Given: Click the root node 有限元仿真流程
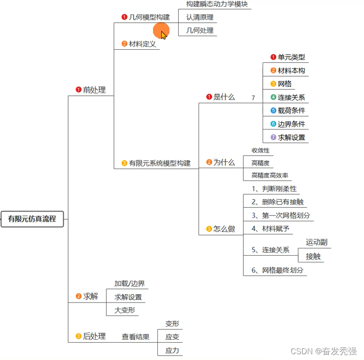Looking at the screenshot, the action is (x=32, y=219).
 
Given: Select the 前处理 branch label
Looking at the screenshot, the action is (x=94, y=90).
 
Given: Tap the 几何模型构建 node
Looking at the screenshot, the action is (x=149, y=17).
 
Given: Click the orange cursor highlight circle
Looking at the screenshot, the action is (x=161, y=31).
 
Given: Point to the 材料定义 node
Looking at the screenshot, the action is (x=142, y=44).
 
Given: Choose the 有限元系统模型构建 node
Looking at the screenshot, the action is (x=159, y=163).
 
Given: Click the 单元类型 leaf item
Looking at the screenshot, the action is (x=291, y=57).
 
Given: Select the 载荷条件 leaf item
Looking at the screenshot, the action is (x=291, y=111).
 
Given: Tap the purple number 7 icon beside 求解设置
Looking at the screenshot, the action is (x=273, y=137).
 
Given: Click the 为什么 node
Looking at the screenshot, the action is (x=224, y=163).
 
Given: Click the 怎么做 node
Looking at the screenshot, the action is (x=224, y=229).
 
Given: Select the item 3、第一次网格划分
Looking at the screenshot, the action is (x=280, y=216).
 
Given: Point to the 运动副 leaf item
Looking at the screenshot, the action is (x=317, y=243).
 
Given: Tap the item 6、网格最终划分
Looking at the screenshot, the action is (x=278, y=271).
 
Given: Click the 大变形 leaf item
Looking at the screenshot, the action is (x=125, y=310).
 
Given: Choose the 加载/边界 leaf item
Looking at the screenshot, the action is (x=129, y=284).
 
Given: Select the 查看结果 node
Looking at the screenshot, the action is (x=135, y=337).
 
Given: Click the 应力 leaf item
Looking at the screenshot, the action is (x=172, y=350).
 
